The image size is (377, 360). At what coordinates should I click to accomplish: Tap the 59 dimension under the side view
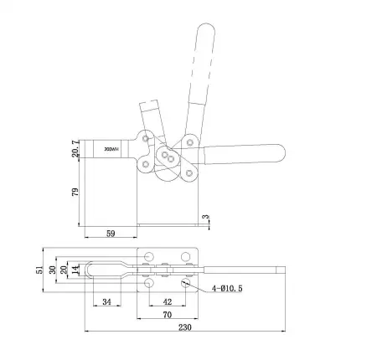tap(112, 234)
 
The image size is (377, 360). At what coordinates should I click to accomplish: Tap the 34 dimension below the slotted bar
tap(106, 301)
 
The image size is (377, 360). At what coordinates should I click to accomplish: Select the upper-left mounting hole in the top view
tap(148, 254)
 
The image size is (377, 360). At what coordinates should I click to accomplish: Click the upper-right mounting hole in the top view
tap(185, 254)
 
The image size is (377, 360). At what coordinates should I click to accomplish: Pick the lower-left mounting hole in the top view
tap(148, 284)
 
